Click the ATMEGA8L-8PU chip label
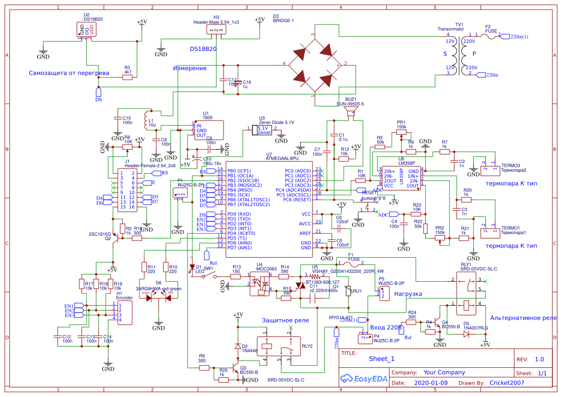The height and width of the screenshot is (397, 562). coord(282,158)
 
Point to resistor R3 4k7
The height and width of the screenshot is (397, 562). coord(127,77)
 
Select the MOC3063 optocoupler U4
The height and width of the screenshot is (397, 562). coord(260,284)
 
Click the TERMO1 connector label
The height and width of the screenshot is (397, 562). coord(511,229)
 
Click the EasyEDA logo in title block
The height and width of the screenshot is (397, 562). coord(364,378)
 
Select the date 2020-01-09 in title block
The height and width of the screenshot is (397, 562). coord(430,383)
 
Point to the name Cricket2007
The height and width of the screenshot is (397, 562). coord(507,383)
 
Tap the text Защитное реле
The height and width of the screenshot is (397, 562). coord(285,320)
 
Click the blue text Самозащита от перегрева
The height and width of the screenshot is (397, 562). coord(69,73)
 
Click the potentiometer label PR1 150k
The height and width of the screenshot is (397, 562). coord(401,124)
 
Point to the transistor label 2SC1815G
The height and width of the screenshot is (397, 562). coord(100,234)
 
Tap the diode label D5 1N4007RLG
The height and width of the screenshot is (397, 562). coord(475,326)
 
